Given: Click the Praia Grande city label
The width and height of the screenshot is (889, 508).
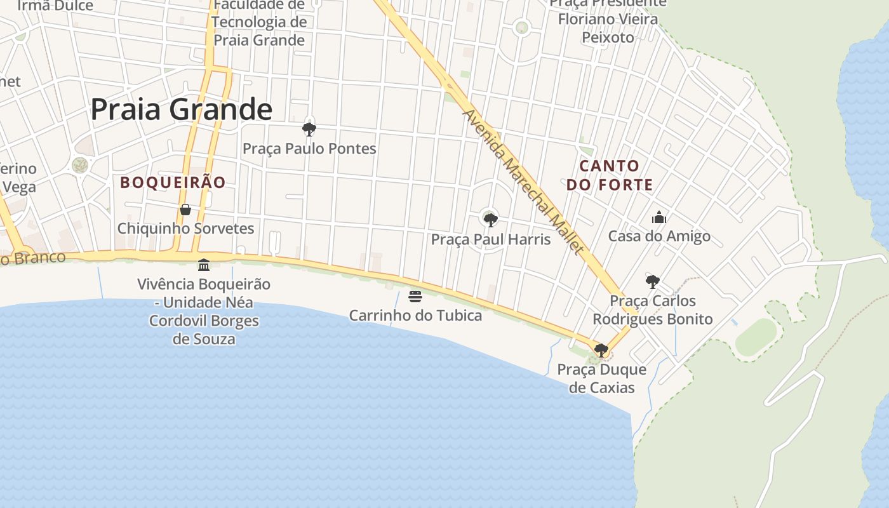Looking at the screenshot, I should coord(181,109).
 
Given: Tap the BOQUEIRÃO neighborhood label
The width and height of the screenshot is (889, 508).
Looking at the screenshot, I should coord(173,182).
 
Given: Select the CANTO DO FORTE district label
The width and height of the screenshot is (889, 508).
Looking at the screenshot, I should coord(610,175).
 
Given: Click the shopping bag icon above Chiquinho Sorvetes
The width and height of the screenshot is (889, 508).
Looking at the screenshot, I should coord(185,210).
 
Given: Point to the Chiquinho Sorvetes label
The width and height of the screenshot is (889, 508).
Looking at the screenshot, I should coord(185,229).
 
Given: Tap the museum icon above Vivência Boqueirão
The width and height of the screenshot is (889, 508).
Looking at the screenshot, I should coord(204,265).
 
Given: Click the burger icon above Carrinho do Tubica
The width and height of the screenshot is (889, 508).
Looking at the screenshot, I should coord(415,297).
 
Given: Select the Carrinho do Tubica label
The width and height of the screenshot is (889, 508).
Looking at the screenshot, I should coord(415,315).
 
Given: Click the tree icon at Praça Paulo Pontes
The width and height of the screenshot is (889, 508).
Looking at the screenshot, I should coord(309,130).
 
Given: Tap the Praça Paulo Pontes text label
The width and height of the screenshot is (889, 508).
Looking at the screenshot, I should coord(309,149).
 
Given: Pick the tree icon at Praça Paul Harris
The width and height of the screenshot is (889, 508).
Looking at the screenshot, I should coord(490,220).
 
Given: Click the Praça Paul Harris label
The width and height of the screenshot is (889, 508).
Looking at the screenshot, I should coord(490,239).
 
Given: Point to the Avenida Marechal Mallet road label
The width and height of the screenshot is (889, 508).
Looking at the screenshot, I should coord(523,182).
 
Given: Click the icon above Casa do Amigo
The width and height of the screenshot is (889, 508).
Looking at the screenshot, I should coord(659,218).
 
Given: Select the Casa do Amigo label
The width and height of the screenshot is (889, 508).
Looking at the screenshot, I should coord(659,236).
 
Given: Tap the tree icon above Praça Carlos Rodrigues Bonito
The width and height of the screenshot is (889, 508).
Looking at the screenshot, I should coord(652,282).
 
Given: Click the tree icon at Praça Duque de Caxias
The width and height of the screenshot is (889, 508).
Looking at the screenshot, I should coord(601,350).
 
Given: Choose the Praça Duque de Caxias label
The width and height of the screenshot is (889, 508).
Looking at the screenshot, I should coord(601,378).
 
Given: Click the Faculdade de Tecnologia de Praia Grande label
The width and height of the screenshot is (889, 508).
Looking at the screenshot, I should coord(259,23).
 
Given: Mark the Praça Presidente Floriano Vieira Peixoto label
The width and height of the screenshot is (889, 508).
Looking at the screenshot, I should coord(608,20).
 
